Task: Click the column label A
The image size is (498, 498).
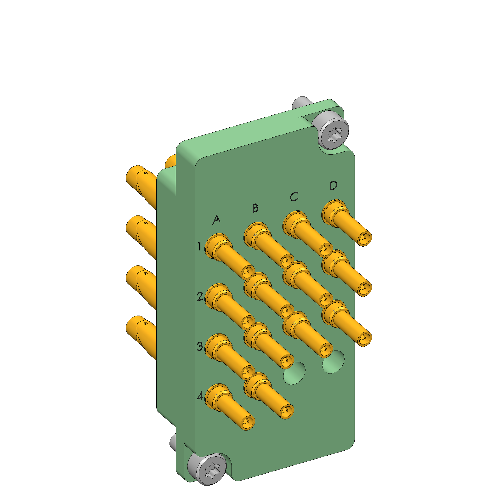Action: [x=216, y=219]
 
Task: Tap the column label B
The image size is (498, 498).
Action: [x=255, y=208]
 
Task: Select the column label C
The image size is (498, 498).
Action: [x=294, y=196]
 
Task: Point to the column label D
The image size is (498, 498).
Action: [x=333, y=186]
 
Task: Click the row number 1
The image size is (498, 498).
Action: [x=199, y=246]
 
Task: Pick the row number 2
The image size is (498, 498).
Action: [x=200, y=296]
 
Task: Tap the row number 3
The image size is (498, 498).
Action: [x=200, y=346]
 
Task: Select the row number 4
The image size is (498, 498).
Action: [x=200, y=396]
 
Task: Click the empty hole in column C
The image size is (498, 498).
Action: [x=294, y=373]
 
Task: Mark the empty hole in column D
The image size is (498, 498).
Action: [x=333, y=362]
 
